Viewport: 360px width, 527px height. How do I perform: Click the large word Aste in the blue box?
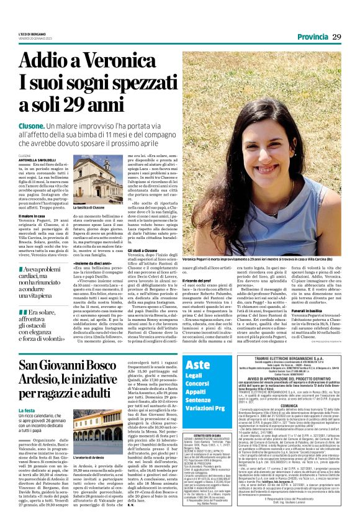(198, 364)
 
